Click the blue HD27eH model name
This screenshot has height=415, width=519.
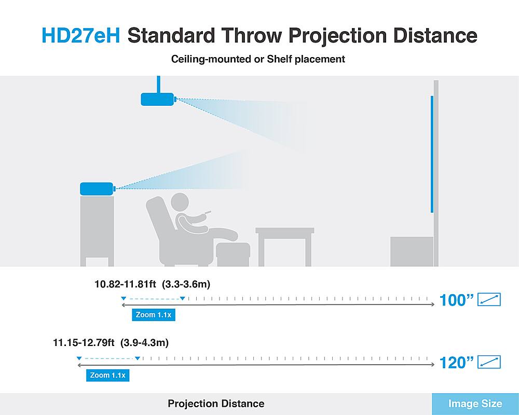[x=81, y=35]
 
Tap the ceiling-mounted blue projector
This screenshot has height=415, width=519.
[x=158, y=99]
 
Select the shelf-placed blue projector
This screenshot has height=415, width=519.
[x=98, y=189]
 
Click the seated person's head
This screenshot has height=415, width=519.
[x=180, y=202]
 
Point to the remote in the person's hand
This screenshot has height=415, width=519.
[x=208, y=211]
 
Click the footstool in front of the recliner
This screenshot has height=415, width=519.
[x=233, y=254]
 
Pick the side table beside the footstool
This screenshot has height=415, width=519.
[x=284, y=246]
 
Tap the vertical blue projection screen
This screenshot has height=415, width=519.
[x=432, y=154]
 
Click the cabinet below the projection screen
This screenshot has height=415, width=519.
[x=412, y=251]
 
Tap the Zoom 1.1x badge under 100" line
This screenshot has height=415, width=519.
[x=154, y=315]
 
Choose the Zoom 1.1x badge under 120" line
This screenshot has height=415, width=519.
[x=107, y=375]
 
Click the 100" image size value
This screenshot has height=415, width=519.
[x=457, y=300]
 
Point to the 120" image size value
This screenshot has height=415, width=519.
[x=457, y=363]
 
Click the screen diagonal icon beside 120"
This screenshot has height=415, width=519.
[x=489, y=362]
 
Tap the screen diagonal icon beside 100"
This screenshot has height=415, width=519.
[x=489, y=299]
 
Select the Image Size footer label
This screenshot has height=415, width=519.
[x=475, y=404]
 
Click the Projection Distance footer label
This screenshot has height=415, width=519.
[x=216, y=404]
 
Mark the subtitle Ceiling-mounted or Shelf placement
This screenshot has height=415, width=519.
[x=258, y=59]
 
